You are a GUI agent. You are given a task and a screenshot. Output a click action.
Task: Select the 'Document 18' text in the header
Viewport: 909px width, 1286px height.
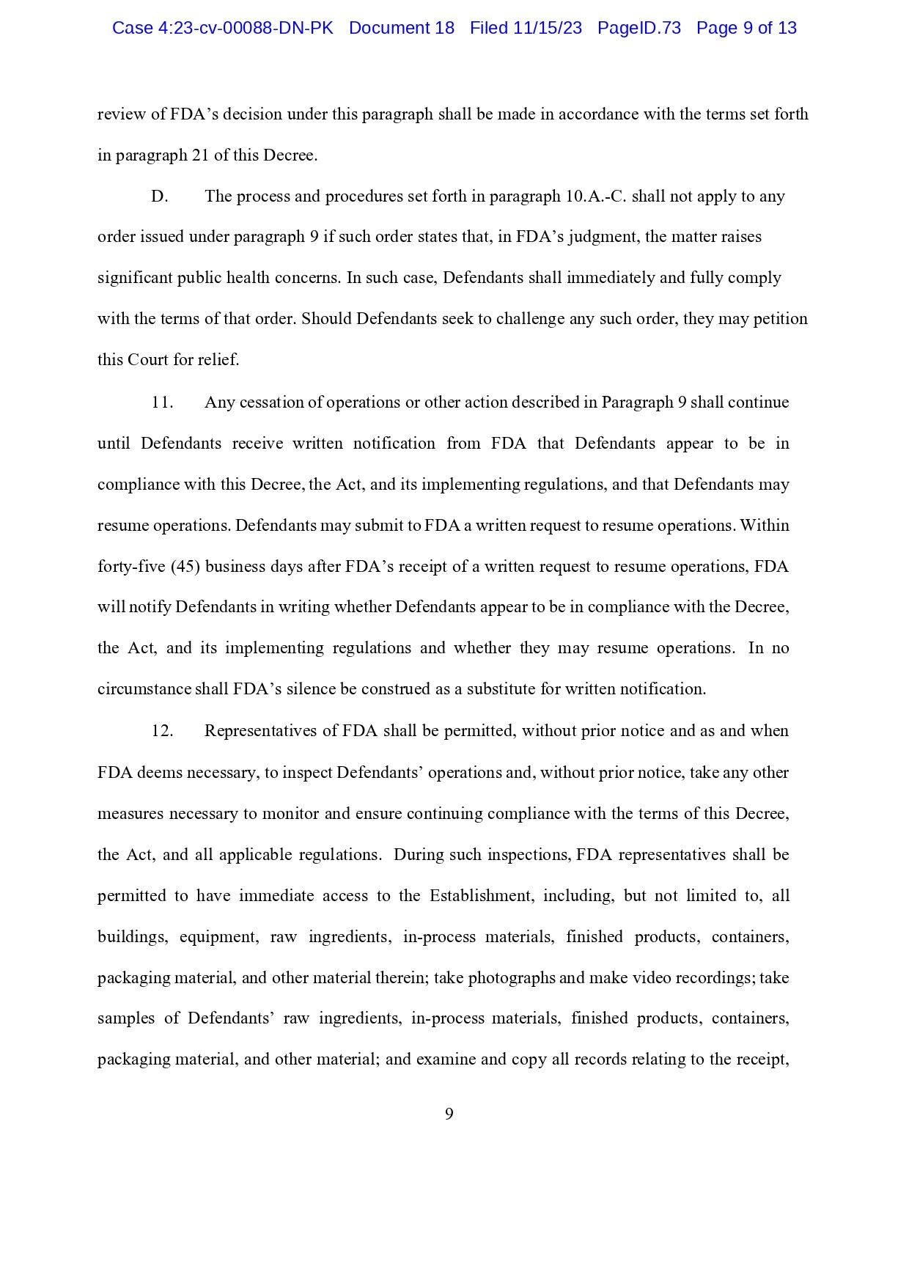point(402,29)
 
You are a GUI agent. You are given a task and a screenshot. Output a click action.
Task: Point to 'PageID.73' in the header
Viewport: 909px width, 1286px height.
point(639,29)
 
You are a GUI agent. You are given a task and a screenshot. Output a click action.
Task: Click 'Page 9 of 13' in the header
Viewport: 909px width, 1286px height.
point(746,29)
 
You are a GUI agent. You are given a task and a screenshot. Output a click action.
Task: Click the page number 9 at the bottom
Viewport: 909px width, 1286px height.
point(449,1114)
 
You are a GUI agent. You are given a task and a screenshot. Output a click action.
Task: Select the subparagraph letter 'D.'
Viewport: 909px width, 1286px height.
point(160,196)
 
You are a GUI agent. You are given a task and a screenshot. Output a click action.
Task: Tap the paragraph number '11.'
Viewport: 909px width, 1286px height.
point(162,403)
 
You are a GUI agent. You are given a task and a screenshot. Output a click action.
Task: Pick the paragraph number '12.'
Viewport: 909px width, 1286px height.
point(162,731)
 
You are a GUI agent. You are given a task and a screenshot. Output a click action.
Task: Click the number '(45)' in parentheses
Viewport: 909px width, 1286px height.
point(186,567)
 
